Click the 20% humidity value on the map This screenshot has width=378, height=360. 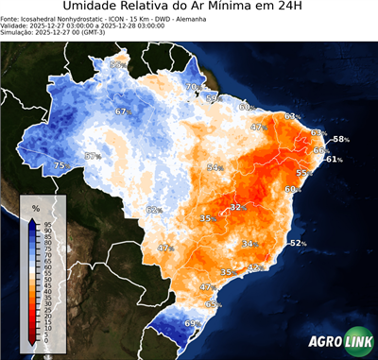coord(191,87)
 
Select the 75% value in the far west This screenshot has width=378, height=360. coord(60,165)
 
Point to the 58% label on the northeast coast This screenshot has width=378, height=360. coord(340,139)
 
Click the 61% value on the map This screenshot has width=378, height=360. coord(333,160)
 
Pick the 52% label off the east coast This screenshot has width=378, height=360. coord(298,243)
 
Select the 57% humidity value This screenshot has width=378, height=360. coord(93,156)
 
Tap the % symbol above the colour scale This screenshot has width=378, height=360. coord(35,207)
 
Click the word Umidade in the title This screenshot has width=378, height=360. coord(94,9)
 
